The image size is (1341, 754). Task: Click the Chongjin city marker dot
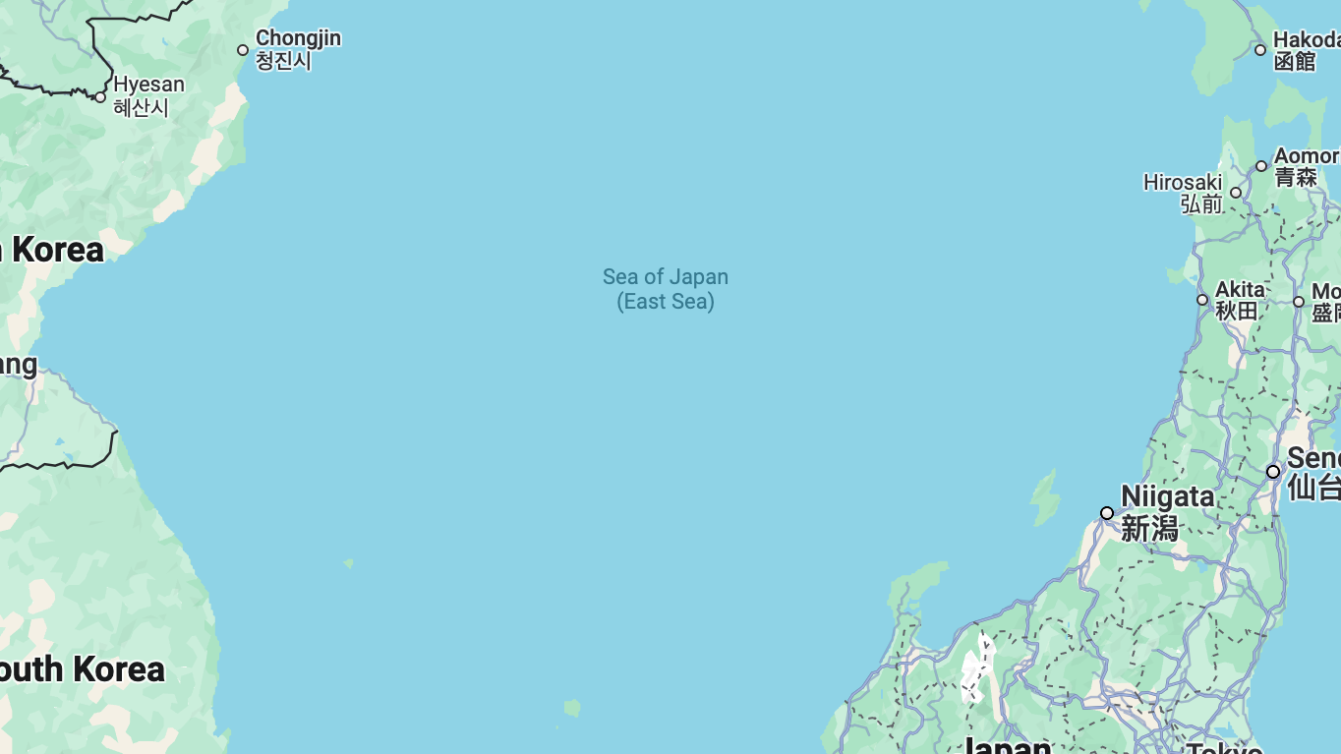243,50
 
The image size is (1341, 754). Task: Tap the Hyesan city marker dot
100,97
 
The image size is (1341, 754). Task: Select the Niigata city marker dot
1107,513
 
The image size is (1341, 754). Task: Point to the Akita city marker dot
1202,300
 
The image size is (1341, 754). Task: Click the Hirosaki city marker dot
1236,193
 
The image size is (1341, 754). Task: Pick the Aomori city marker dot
1261,166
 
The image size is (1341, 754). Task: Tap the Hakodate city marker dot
1260,50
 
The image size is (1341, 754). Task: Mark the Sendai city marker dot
1273,472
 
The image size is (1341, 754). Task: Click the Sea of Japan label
666,277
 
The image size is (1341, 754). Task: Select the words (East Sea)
666,302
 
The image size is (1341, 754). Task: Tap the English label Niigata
1168,496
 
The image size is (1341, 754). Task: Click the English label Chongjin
298,38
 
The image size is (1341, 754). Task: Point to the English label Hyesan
148,85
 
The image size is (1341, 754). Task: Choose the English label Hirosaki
1183,183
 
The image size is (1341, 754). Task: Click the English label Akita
1240,289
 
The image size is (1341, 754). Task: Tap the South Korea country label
83,669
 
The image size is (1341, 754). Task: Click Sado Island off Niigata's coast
1043,496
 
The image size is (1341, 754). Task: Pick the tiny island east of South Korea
349,563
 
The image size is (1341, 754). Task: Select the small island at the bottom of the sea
572,708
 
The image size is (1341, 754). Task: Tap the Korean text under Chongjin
283,61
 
